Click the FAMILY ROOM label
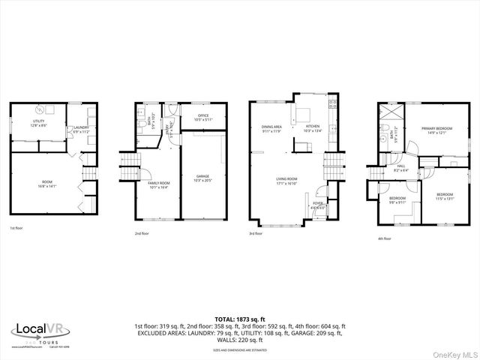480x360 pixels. pos(158,184)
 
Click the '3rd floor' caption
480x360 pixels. pos(256,233)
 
